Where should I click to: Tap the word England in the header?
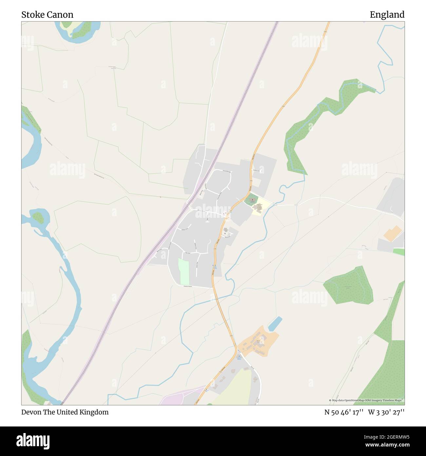click(387, 15)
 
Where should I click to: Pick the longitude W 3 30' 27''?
click(386, 412)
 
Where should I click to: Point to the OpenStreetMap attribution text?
click(366, 400)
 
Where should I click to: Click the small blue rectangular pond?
click(275, 324)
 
